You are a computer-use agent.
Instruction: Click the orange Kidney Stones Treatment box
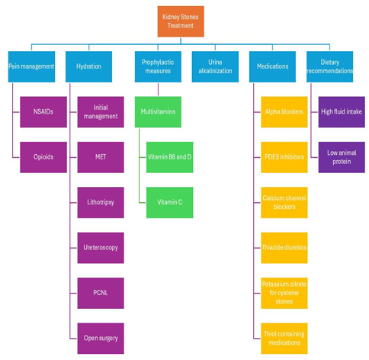pyautogui.click(x=181, y=21)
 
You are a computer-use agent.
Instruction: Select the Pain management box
pyautogui.click(x=31, y=66)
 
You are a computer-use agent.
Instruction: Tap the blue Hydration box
pyautogui.click(x=88, y=66)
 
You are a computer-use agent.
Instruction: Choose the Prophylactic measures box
pyautogui.click(x=158, y=66)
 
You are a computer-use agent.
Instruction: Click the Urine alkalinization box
pyautogui.click(x=215, y=66)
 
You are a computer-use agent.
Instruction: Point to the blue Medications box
pyautogui.click(x=272, y=66)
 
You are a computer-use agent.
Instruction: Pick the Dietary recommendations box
pyautogui.click(x=329, y=66)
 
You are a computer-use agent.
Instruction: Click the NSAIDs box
pyautogui.click(x=43, y=112)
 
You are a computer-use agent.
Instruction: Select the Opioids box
pyautogui.click(x=43, y=157)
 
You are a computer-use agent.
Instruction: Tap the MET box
pyautogui.click(x=101, y=157)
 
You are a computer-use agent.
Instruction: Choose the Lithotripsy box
pyautogui.click(x=101, y=202)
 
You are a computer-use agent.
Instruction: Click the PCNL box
pyautogui.click(x=101, y=293)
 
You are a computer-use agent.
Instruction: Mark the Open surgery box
pyautogui.click(x=101, y=338)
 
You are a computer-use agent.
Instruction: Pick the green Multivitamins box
pyautogui.click(x=158, y=112)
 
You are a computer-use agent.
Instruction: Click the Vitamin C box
pyautogui.click(x=170, y=202)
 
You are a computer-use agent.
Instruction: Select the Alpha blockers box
pyautogui.click(x=284, y=112)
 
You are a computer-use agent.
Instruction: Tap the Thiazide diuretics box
pyautogui.click(x=284, y=248)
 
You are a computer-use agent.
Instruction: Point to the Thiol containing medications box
pyautogui.click(x=284, y=338)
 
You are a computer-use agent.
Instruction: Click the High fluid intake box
pyautogui.click(x=342, y=112)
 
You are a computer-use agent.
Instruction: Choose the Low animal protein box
pyautogui.click(x=342, y=157)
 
